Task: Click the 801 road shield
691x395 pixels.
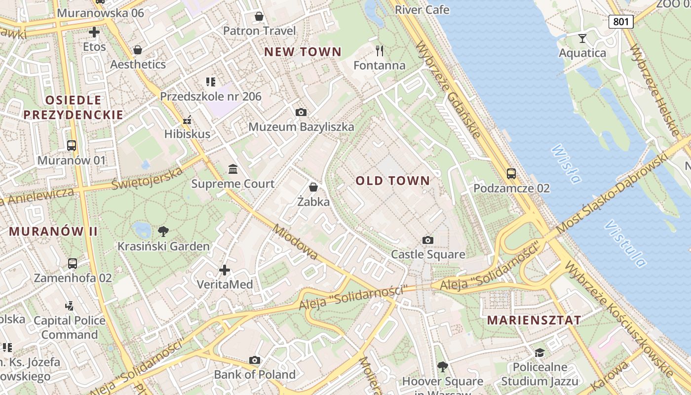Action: click(x=620, y=21)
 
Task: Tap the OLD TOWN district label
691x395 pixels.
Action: click(x=393, y=181)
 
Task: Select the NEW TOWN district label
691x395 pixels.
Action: click(x=303, y=52)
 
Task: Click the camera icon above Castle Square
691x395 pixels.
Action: click(x=428, y=240)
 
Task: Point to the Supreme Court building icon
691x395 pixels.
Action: click(x=233, y=169)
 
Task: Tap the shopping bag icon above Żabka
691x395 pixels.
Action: click(x=313, y=187)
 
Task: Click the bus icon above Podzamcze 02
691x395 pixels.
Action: click(x=511, y=174)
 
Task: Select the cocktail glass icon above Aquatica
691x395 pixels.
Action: click(x=582, y=38)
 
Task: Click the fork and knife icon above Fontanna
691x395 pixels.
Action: click(x=380, y=50)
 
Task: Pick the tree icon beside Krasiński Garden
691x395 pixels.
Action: click(x=163, y=231)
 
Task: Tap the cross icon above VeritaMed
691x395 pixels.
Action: click(x=225, y=270)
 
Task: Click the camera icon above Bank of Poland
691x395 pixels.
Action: click(x=255, y=360)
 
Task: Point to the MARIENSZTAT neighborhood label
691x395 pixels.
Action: click(x=534, y=320)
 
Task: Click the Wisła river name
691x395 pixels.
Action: click(x=566, y=163)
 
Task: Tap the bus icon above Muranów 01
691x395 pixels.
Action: click(x=72, y=146)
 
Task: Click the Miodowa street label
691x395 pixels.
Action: click(x=295, y=242)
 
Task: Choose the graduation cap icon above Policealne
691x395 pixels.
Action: click(x=539, y=353)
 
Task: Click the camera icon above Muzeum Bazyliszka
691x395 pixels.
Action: click(x=301, y=112)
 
